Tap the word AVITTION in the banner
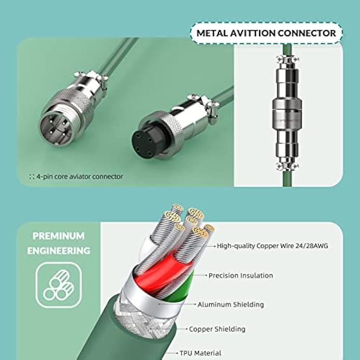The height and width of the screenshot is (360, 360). point(252,33)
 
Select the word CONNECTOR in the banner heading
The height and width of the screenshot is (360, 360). point(307,33)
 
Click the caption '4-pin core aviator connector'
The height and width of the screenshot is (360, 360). point(79,177)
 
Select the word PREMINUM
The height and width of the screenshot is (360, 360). point(59,236)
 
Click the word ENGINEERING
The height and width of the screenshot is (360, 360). point(59,251)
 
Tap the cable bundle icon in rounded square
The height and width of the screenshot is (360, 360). point(59,285)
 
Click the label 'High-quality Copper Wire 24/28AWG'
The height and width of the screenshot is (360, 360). point(272,246)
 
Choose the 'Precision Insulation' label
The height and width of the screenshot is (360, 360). point(241,276)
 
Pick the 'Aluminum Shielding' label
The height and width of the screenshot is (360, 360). point(231,305)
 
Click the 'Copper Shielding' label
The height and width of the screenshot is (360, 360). point(217,329)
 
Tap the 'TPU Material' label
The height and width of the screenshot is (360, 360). point(200,353)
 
